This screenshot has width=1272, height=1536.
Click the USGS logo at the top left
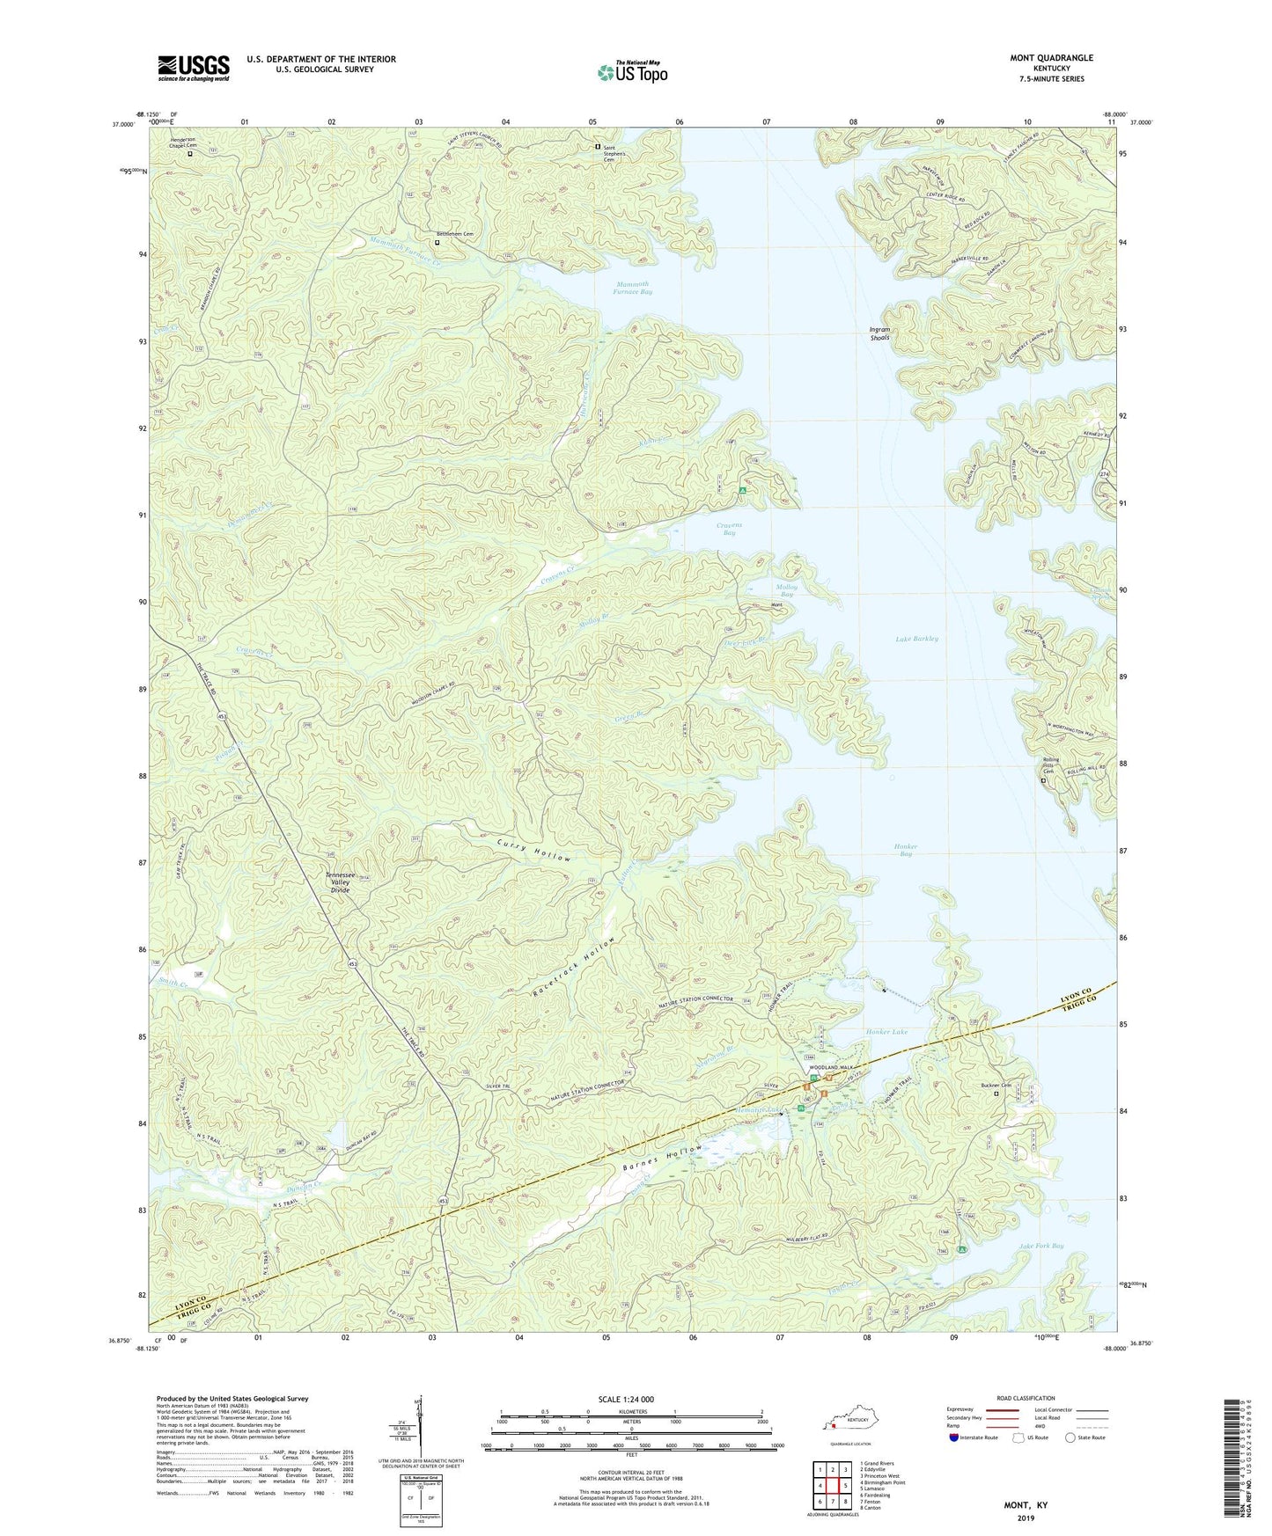click(x=194, y=68)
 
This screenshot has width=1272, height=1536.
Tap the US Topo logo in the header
click(x=632, y=72)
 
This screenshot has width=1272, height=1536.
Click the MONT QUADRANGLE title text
click(x=1051, y=58)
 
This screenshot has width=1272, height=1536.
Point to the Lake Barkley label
click(x=916, y=639)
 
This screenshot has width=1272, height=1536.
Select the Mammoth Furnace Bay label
click(x=633, y=288)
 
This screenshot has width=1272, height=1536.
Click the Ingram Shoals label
click(x=879, y=333)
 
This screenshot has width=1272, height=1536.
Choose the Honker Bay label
click(x=905, y=850)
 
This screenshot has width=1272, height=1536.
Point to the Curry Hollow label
click(x=533, y=852)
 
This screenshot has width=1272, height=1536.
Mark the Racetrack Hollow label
click(x=574, y=968)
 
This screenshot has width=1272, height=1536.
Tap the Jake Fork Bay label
click(x=1040, y=1246)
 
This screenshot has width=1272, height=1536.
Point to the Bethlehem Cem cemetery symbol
click(x=437, y=243)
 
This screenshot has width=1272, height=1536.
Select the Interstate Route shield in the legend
click(x=954, y=1438)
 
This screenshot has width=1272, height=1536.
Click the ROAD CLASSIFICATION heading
click(x=1026, y=1398)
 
